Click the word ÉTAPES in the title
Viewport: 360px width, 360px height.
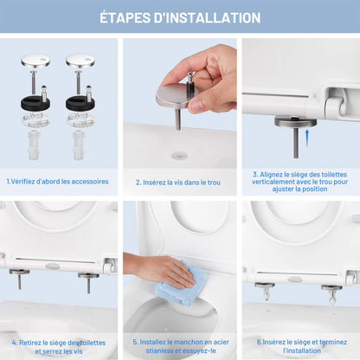[130, 17]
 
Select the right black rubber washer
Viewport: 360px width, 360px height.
[80, 102]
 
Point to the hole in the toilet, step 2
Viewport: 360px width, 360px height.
[179, 155]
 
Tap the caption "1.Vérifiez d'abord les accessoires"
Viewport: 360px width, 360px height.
[58, 182]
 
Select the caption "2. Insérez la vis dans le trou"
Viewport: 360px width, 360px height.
[179, 182]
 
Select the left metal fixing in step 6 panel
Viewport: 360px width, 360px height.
[265, 290]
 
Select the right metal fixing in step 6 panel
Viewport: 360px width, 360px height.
[333, 290]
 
